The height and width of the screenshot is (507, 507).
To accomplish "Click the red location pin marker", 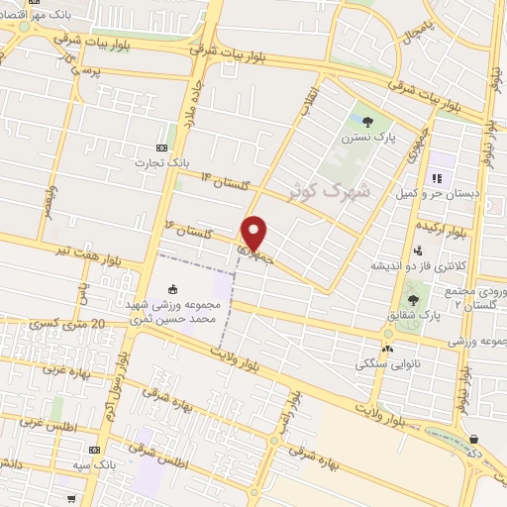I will coord(254,232).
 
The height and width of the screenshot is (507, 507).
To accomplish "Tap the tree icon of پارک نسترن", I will coord(368,122).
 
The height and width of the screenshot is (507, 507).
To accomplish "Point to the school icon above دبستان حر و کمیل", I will coord(436,179).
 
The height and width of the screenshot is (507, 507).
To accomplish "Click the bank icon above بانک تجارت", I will coord(205,149).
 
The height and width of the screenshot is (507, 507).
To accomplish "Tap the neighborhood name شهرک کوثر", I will coord(333,188).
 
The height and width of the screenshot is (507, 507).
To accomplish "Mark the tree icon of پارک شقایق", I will coord(413,299).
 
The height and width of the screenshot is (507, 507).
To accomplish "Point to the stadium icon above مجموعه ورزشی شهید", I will coord(173,289).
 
